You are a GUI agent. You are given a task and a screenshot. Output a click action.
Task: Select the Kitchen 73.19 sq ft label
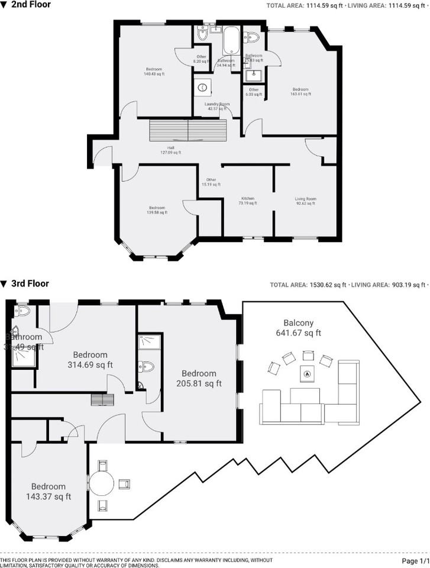point(247,201)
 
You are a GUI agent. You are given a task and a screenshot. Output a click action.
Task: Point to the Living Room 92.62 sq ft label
point(305,201)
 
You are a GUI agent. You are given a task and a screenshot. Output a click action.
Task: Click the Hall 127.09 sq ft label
point(170,150)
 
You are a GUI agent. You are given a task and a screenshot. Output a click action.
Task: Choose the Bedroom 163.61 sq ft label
point(299,92)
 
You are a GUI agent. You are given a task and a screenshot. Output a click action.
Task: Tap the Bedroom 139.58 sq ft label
point(157,210)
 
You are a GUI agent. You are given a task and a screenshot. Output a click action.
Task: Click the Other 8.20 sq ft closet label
point(202,59)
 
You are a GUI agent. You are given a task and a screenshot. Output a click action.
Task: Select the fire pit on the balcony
point(306,373)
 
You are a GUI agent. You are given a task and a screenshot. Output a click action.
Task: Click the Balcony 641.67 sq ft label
point(298,328)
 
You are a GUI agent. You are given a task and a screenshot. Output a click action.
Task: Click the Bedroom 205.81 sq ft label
point(199,378)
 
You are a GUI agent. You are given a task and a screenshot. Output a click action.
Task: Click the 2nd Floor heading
point(31,5)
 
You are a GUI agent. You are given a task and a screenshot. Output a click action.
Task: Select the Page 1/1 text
point(415,560)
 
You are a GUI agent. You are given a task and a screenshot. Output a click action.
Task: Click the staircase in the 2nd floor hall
point(187,130)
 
